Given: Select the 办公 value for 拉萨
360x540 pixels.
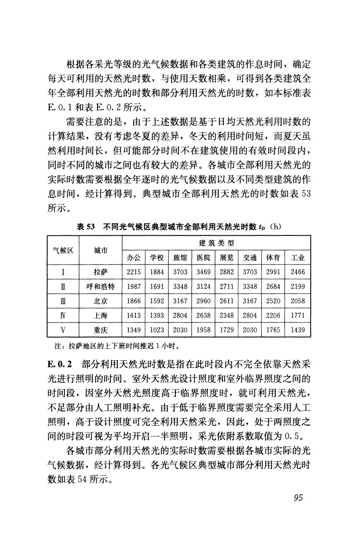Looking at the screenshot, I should click(x=133, y=272).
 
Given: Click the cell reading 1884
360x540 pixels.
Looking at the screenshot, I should click(x=156, y=272).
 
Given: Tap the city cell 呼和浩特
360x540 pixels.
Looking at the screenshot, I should click(x=101, y=287).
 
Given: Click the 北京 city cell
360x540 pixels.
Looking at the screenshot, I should click(x=101, y=301).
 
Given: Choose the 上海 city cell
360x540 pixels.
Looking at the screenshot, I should click(x=101, y=315).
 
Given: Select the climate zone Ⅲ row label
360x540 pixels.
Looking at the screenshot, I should click(x=63, y=301).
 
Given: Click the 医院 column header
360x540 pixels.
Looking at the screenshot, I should click(x=203, y=258).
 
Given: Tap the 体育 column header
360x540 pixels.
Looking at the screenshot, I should click(x=273, y=258).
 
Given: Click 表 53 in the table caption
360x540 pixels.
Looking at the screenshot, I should click(x=86, y=226).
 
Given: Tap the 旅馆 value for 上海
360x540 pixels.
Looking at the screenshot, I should click(x=180, y=315).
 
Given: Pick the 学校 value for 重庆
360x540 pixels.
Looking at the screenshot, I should click(x=156, y=330).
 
